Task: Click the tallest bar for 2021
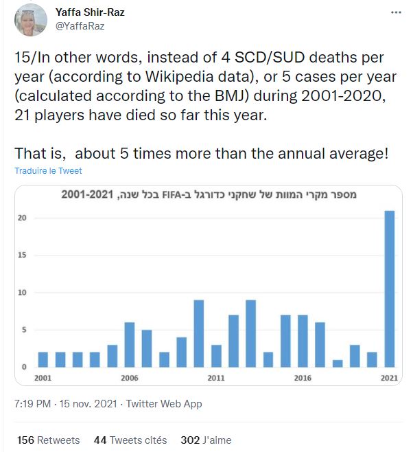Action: point(390,289)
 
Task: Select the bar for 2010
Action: point(199,333)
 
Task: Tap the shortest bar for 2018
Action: point(338,363)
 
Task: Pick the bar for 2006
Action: point(130,344)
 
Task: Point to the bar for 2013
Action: point(251,333)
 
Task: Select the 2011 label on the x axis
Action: point(216,378)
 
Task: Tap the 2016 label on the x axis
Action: point(303,378)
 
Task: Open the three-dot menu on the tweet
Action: point(395,13)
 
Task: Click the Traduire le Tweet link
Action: point(47,170)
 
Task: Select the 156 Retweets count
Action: point(47,440)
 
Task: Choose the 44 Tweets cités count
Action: point(130,440)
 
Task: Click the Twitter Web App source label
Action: point(164,404)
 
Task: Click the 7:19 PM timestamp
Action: point(32,404)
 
